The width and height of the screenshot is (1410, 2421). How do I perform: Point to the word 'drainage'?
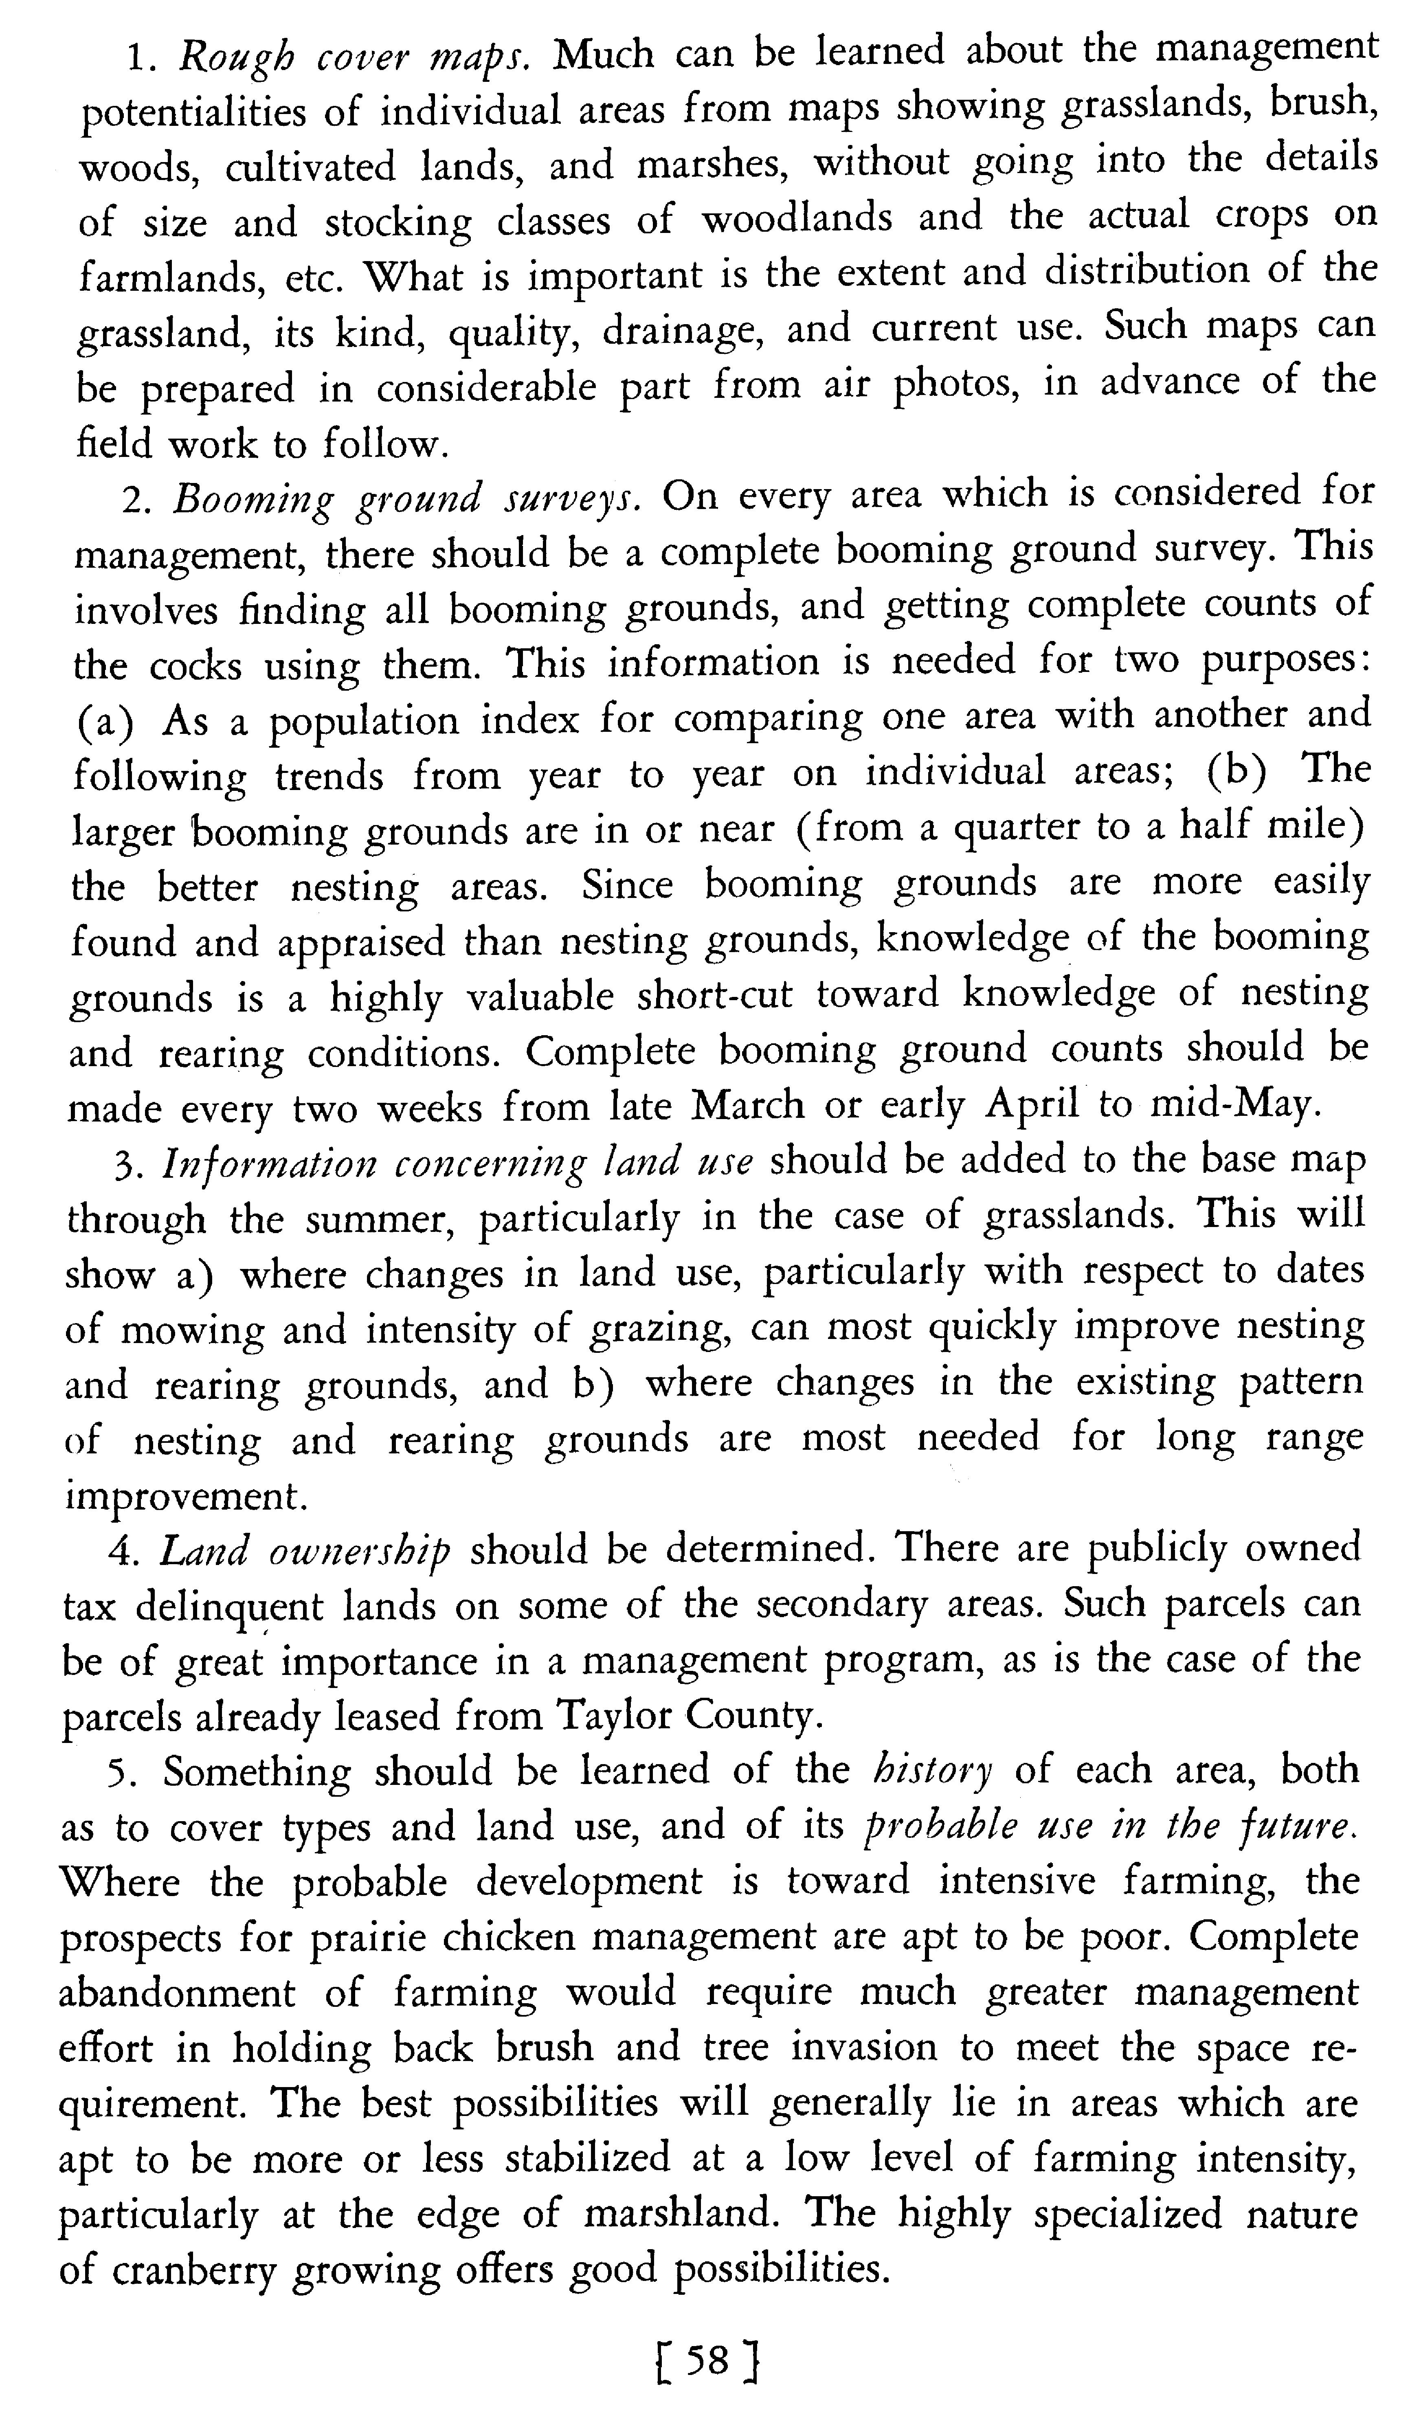683,331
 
